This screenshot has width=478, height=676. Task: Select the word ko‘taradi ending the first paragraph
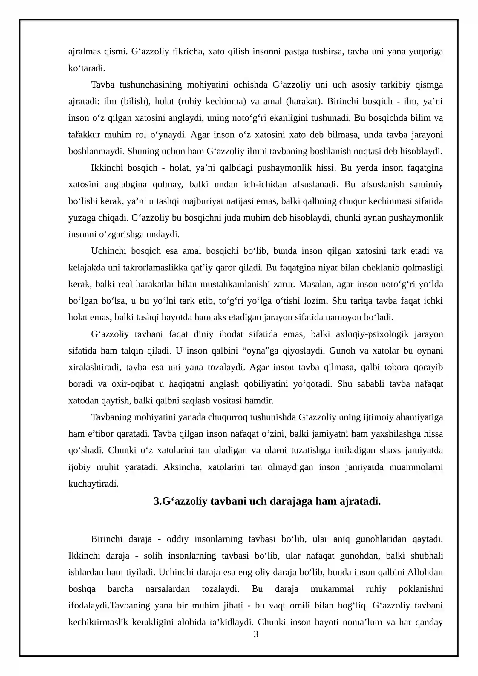(87, 68)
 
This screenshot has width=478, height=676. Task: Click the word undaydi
(164, 234)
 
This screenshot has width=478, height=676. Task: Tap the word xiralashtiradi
(95, 367)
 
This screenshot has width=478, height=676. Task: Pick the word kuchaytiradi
(93, 484)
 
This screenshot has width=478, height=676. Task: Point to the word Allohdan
(425, 572)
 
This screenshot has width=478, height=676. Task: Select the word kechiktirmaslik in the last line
(98, 622)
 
